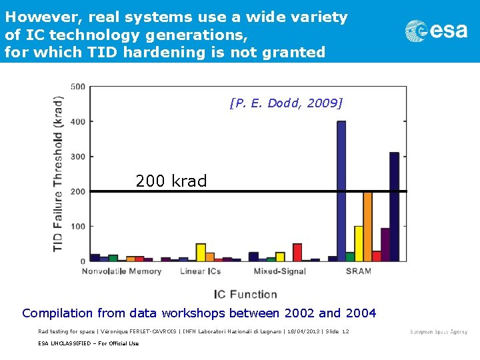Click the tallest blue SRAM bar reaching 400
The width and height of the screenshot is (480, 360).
341,191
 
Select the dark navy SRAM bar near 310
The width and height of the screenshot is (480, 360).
394,207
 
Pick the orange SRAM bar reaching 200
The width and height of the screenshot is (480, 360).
367,227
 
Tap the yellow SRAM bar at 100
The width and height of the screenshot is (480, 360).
359,243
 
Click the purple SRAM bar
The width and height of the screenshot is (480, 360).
385,244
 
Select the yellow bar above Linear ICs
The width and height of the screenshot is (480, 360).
201,252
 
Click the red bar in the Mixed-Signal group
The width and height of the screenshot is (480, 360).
297,252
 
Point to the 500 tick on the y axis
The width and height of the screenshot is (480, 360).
77,87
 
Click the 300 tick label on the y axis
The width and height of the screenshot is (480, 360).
77,157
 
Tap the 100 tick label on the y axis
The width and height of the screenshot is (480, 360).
77,227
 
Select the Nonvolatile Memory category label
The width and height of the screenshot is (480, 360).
121,271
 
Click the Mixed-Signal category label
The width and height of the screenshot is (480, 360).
279,271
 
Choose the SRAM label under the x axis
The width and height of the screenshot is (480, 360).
359,271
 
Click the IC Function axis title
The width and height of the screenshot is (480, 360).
245,294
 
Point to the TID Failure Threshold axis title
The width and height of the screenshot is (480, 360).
59,173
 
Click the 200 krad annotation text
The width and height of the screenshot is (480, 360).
171,181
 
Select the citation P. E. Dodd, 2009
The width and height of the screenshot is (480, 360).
285,103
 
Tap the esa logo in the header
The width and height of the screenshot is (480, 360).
437,31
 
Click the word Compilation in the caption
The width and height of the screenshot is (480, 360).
57,313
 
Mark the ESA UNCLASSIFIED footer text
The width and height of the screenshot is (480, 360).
89,343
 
